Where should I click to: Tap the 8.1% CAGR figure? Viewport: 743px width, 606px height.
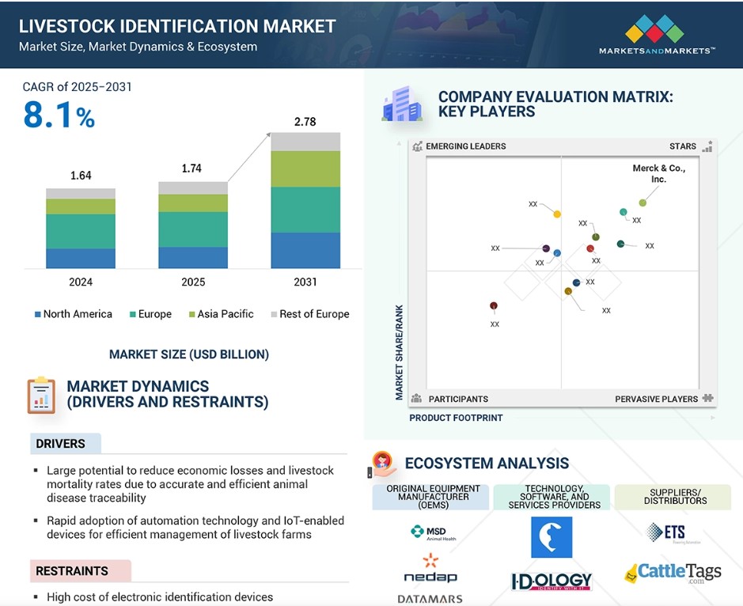[x=59, y=116]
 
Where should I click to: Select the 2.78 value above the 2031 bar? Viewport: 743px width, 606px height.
[x=305, y=121]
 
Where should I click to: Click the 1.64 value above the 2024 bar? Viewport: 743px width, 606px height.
[x=81, y=176]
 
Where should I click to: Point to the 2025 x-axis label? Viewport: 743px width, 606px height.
[x=193, y=282]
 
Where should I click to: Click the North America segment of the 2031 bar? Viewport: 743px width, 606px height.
[x=305, y=251]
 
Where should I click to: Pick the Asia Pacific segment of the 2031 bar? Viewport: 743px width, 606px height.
[x=305, y=169]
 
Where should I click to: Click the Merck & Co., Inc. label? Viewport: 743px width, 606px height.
[x=658, y=173]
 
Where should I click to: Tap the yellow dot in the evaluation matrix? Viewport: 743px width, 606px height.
[x=557, y=214]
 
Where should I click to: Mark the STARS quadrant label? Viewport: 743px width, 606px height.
[x=682, y=146]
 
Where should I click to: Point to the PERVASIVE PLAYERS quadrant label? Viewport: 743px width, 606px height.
[x=657, y=399]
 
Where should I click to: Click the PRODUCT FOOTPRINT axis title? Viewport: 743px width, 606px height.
[x=456, y=418]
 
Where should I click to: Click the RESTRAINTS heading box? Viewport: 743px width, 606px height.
[x=79, y=570]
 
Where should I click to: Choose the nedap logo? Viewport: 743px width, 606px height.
[x=430, y=570]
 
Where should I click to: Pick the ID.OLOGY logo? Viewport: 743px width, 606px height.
[x=552, y=581]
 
